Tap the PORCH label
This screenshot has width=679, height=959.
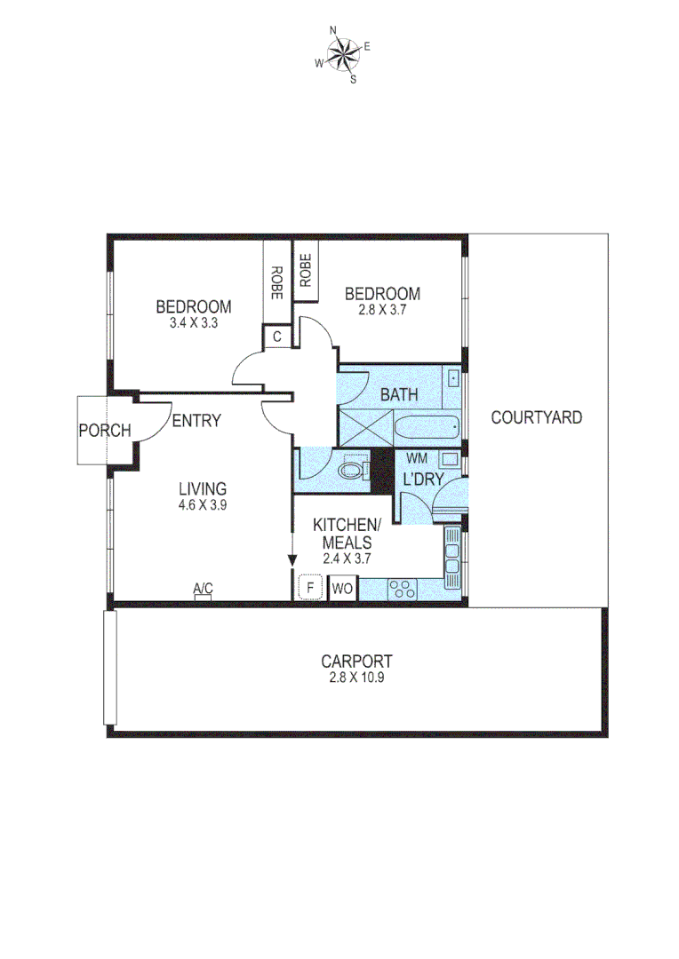pyautogui.click(x=105, y=431)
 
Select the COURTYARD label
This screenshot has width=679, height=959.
pyautogui.click(x=537, y=416)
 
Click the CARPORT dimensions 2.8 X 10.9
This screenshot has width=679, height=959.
pyautogui.click(x=356, y=677)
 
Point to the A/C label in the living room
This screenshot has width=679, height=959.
pyautogui.click(x=203, y=588)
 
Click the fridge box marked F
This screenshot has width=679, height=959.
pyautogui.click(x=310, y=588)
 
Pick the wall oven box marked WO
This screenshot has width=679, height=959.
pyautogui.click(x=342, y=588)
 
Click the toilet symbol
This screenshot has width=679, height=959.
pyautogui.click(x=354, y=469)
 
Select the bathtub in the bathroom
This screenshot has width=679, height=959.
pyautogui.click(x=426, y=431)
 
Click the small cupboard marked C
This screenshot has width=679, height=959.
pyautogui.click(x=276, y=337)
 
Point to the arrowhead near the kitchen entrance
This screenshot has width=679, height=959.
pyautogui.click(x=292, y=559)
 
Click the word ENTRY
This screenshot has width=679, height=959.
pyautogui.click(x=196, y=421)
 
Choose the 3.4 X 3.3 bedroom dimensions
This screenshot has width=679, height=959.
pyautogui.click(x=194, y=324)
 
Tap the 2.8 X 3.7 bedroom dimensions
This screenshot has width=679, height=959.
pyautogui.click(x=382, y=311)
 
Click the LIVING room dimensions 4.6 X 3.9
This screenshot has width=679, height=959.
pyautogui.click(x=203, y=505)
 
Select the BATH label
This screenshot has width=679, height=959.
pyautogui.click(x=399, y=395)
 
